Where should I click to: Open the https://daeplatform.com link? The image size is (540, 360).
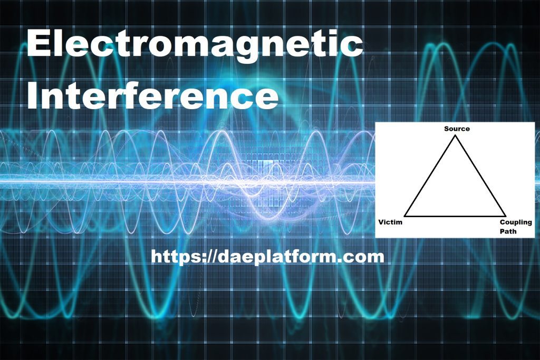coord(267,257)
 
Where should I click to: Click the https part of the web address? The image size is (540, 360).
coord(171,257)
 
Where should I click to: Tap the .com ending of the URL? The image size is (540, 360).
coord(363,257)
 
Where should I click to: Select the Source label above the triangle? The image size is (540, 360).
coord(457,129)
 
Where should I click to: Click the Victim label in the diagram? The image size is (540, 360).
coord(390,222)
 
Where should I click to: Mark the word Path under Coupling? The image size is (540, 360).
coord(508,231)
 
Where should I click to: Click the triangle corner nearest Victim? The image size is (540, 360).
coord(406,216)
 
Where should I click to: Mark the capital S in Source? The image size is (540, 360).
coord(447,129)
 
